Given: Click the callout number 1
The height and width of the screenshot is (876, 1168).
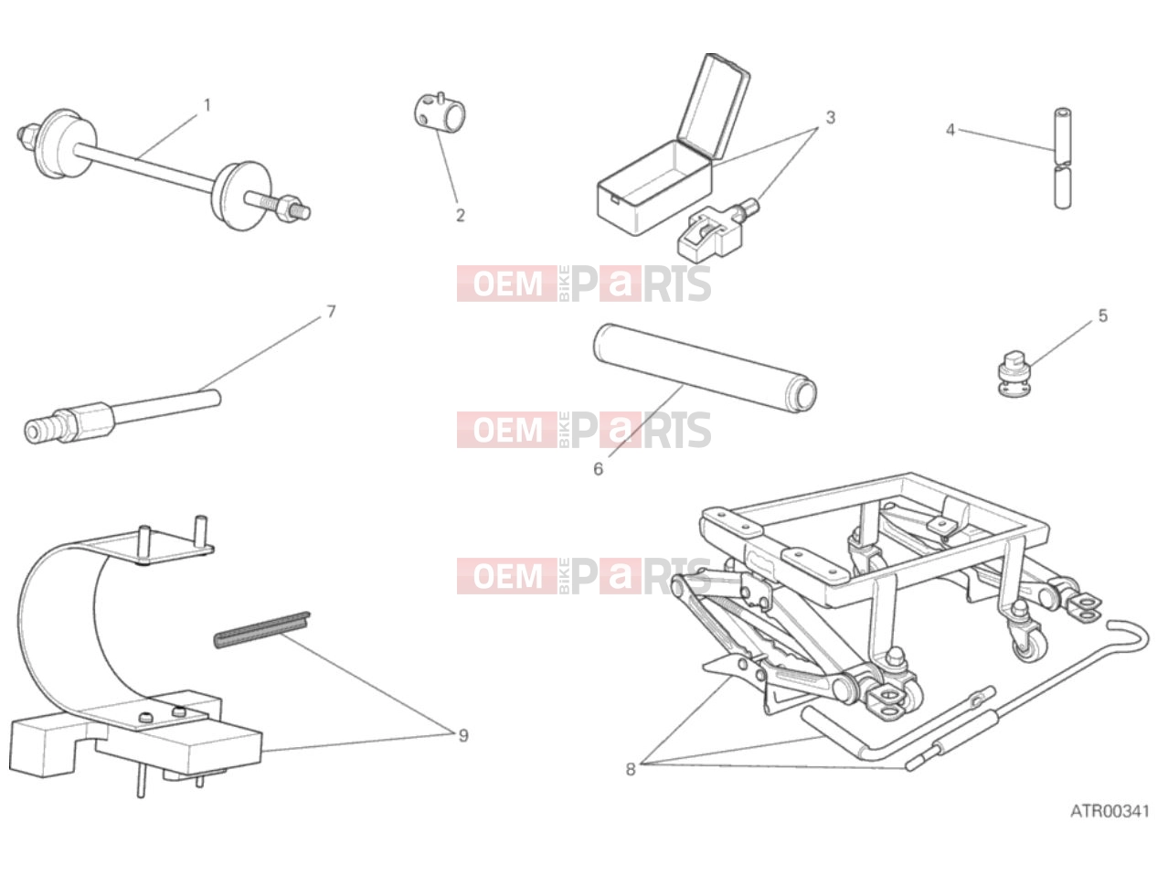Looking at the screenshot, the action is pos(207,106).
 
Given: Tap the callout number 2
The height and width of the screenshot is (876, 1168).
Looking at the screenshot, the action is pos(461,216).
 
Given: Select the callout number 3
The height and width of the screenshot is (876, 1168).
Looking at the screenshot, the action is pos(830,118).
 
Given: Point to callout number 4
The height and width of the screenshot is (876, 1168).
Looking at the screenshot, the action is pos(950,130).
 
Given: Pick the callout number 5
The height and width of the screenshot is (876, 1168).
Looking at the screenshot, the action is pos(1103,315).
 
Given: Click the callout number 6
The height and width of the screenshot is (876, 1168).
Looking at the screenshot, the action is pos(598,469).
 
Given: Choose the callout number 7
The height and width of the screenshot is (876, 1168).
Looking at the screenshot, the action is pos(331,311).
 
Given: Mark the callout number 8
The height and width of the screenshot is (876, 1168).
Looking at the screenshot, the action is pos(631,770).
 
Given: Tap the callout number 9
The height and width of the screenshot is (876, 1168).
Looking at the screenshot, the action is pos(463,735).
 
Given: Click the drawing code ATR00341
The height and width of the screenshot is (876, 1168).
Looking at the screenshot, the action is pos(1110,812).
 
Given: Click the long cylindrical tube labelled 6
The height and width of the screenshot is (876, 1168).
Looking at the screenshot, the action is pos(705,369).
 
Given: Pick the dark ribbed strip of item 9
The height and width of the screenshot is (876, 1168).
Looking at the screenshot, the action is pos(262,630).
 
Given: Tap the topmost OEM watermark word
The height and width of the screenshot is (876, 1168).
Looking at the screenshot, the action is pos(507,283).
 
